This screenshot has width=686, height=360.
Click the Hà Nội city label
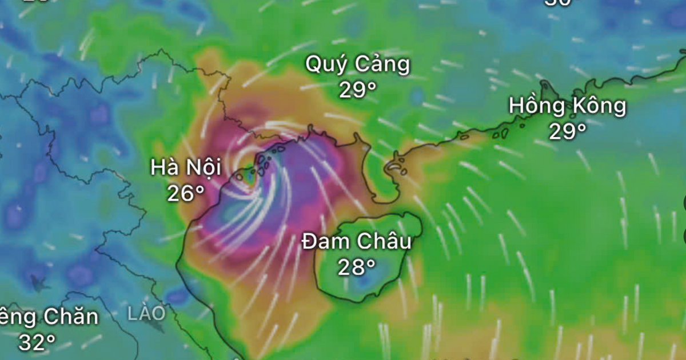pyautogui.click(x=185, y=167)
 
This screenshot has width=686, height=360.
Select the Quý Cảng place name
pyautogui.click(x=357, y=65)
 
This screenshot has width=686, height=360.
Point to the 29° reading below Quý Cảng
pyautogui.click(x=357, y=90)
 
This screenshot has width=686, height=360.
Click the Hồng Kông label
pyautogui.click(x=568, y=106)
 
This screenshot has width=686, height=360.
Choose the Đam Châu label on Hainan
pyautogui.click(x=357, y=242)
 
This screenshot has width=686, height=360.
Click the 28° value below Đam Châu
pyautogui.click(x=357, y=267)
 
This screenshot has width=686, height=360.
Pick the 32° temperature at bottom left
pyautogui.click(x=37, y=342)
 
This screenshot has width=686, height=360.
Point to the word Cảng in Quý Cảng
pyautogui.click(x=382, y=65)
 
